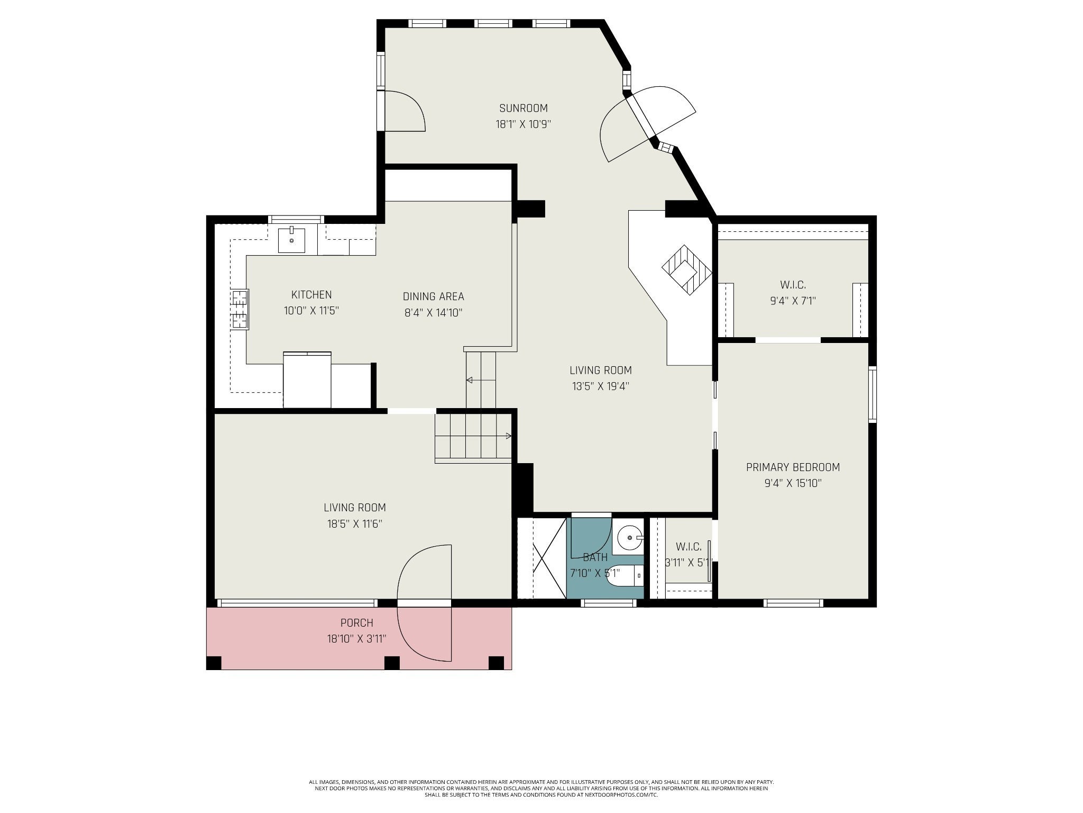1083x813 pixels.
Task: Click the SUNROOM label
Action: tap(523, 108)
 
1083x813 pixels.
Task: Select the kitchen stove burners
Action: tap(240, 309)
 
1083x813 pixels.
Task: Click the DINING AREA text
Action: tap(433, 296)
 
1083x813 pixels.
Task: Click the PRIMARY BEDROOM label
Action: tap(793, 467)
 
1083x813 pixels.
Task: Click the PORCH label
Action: tap(356, 623)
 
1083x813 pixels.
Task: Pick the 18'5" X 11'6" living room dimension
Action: tap(354, 524)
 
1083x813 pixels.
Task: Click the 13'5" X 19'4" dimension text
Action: tap(600, 386)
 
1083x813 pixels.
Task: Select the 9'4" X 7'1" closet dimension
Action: tap(793, 301)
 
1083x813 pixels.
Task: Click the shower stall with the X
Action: tap(541, 559)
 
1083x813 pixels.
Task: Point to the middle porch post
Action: tap(392, 663)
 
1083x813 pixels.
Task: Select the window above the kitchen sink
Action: tap(296, 219)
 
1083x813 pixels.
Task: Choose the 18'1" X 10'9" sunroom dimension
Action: tap(523, 124)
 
